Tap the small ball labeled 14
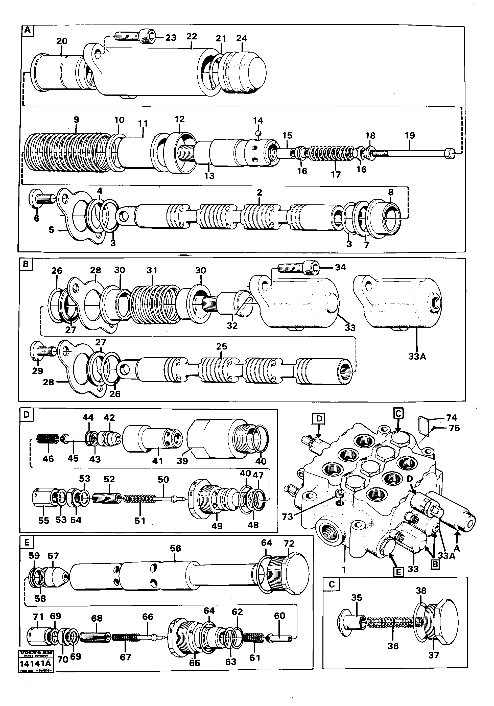tap(258, 133)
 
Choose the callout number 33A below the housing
tap(417, 357)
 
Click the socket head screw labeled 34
tap(298, 268)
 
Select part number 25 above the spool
tap(221, 346)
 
